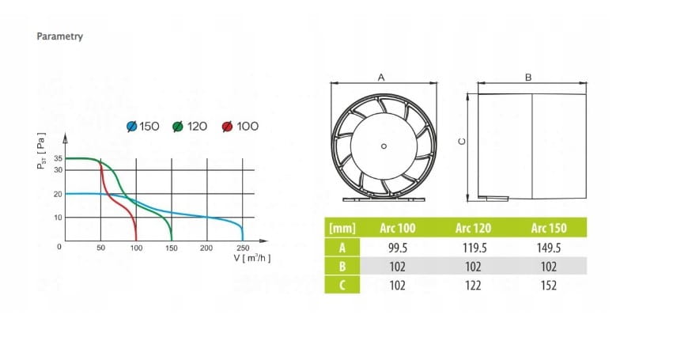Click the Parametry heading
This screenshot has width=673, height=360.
click(59, 36)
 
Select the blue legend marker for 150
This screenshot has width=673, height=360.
click(132, 127)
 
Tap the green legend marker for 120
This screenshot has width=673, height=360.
click(178, 127)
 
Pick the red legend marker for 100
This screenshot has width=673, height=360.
click(228, 127)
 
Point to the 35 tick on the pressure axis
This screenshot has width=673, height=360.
click(59, 158)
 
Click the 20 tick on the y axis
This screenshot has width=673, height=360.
click(59, 194)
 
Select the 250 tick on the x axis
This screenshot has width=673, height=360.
click(243, 248)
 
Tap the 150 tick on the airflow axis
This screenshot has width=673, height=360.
click(172, 248)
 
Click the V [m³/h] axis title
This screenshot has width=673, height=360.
click(252, 258)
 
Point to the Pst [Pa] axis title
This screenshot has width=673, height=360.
click(41, 151)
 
